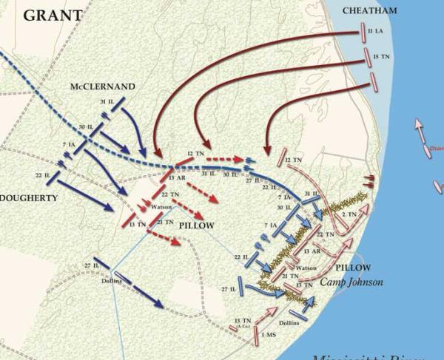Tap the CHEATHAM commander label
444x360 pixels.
pyautogui.click(x=371, y=10)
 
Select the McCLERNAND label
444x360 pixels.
pyautogui.click(x=103, y=86)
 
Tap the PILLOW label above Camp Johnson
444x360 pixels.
pyautogui.click(x=347, y=267)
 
